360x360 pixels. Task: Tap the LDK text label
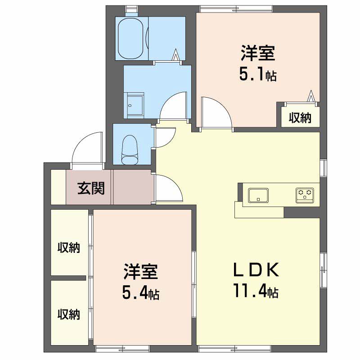pyautogui.click(x=256, y=270)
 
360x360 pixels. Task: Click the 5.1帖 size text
pyautogui.click(x=257, y=74)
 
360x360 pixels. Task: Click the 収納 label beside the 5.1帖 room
pyautogui.click(x=300, y=118)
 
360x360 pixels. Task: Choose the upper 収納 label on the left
pyautogui.click(x=68, y=247)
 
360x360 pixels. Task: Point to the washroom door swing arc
pyautogui.click(x=173, y=106)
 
